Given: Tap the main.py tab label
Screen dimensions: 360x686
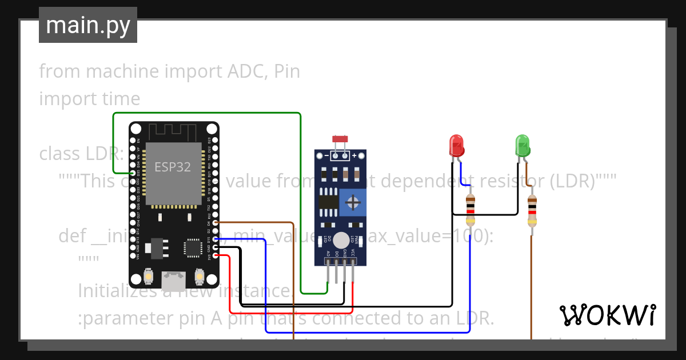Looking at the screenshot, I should coord(88,25).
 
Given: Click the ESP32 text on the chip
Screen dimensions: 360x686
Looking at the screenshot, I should coord(173,167).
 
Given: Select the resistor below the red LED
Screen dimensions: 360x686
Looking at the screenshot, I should coord(470,210).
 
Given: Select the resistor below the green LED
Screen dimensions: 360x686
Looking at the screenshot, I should coord(532,210).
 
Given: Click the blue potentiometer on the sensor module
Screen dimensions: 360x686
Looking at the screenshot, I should coord(353,202).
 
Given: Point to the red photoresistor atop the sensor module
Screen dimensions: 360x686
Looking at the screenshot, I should coord(340,139).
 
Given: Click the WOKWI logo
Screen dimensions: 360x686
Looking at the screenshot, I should coord(607,315).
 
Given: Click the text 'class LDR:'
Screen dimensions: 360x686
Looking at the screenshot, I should coord(81,154).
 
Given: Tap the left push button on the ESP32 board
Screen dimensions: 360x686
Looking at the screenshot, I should coord(148,277).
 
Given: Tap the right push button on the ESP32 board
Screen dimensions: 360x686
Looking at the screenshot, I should coord(200,277).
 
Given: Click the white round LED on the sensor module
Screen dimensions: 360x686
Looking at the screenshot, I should coord(341,240).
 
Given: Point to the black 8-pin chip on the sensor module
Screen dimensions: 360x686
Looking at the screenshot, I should coord(328,201).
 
